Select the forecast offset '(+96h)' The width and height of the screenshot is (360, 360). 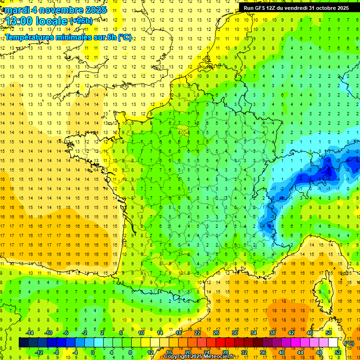[81, 21]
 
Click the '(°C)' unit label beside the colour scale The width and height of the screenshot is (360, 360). [349, 343]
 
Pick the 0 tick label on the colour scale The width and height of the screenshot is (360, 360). [93, 352]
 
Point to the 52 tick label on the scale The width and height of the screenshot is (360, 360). [338, 352]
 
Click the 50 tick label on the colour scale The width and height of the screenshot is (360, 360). [329, 333]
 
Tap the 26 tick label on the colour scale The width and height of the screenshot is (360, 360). [216, 333]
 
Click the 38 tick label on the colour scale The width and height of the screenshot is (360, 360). [272, 333]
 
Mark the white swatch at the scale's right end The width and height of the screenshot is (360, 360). [333, 343]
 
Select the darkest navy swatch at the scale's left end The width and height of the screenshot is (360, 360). [24, 343]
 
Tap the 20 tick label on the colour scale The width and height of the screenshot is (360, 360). [188, 352]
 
